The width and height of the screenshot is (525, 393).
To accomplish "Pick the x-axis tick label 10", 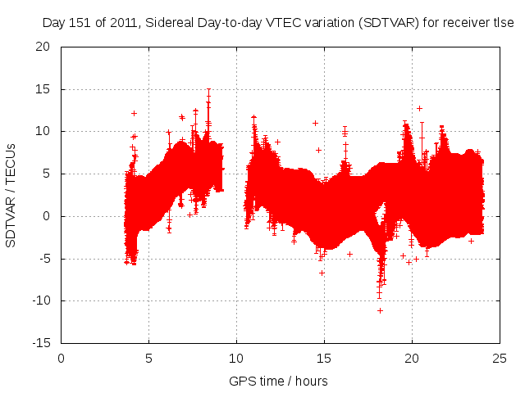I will coord(236,358).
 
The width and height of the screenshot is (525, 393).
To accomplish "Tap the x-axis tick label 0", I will coord(62,358).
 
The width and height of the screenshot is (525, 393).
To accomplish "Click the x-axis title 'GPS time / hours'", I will coord(278,382).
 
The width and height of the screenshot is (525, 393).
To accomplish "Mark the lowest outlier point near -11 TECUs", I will coord(380,310).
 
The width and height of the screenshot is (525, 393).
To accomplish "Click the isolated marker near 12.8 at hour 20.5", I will coord(419,108).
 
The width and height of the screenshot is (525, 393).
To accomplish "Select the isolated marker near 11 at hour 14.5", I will coord(315,123).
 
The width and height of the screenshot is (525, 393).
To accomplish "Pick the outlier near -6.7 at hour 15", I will coord(322,273).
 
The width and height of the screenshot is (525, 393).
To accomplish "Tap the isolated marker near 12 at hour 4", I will coord(134,113).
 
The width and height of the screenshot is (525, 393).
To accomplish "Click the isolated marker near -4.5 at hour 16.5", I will coord(349,254).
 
